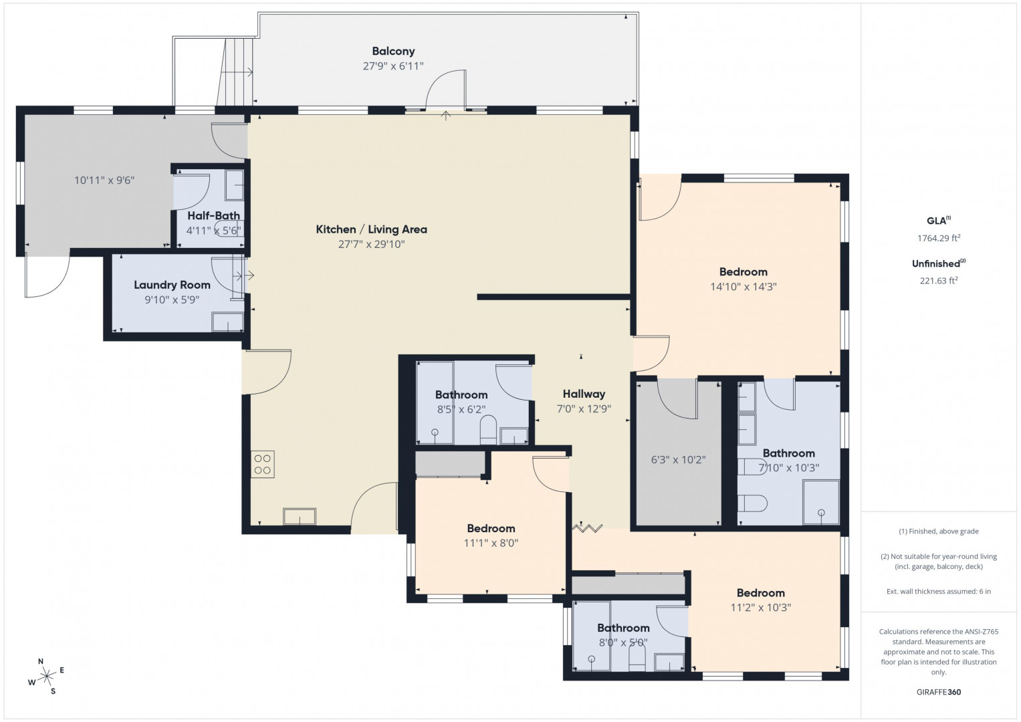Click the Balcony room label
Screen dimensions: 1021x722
point(393,51)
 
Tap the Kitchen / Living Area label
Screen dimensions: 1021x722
point(372,229)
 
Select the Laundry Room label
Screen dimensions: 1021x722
point(172,285)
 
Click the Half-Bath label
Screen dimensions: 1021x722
point(213,215)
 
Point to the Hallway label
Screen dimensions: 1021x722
point(584,394)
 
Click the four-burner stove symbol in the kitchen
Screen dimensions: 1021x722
point(263,465)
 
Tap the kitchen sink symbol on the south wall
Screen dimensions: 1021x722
point(300,516)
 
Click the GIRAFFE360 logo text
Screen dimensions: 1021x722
point(939,692)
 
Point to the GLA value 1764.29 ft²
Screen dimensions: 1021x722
point(939,238)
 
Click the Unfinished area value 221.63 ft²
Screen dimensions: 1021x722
point(939,281)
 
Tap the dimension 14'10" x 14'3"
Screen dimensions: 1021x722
point(744,287)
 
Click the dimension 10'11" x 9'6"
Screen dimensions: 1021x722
point(104,180)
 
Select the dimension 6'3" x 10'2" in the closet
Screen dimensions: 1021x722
point(678,460)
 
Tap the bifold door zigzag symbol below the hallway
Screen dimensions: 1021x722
point(588,528)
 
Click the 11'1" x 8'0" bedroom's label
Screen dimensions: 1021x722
point(491,528)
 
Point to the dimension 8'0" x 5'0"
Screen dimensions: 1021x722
point(623,642)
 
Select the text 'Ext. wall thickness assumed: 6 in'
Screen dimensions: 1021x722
point(939,591)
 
